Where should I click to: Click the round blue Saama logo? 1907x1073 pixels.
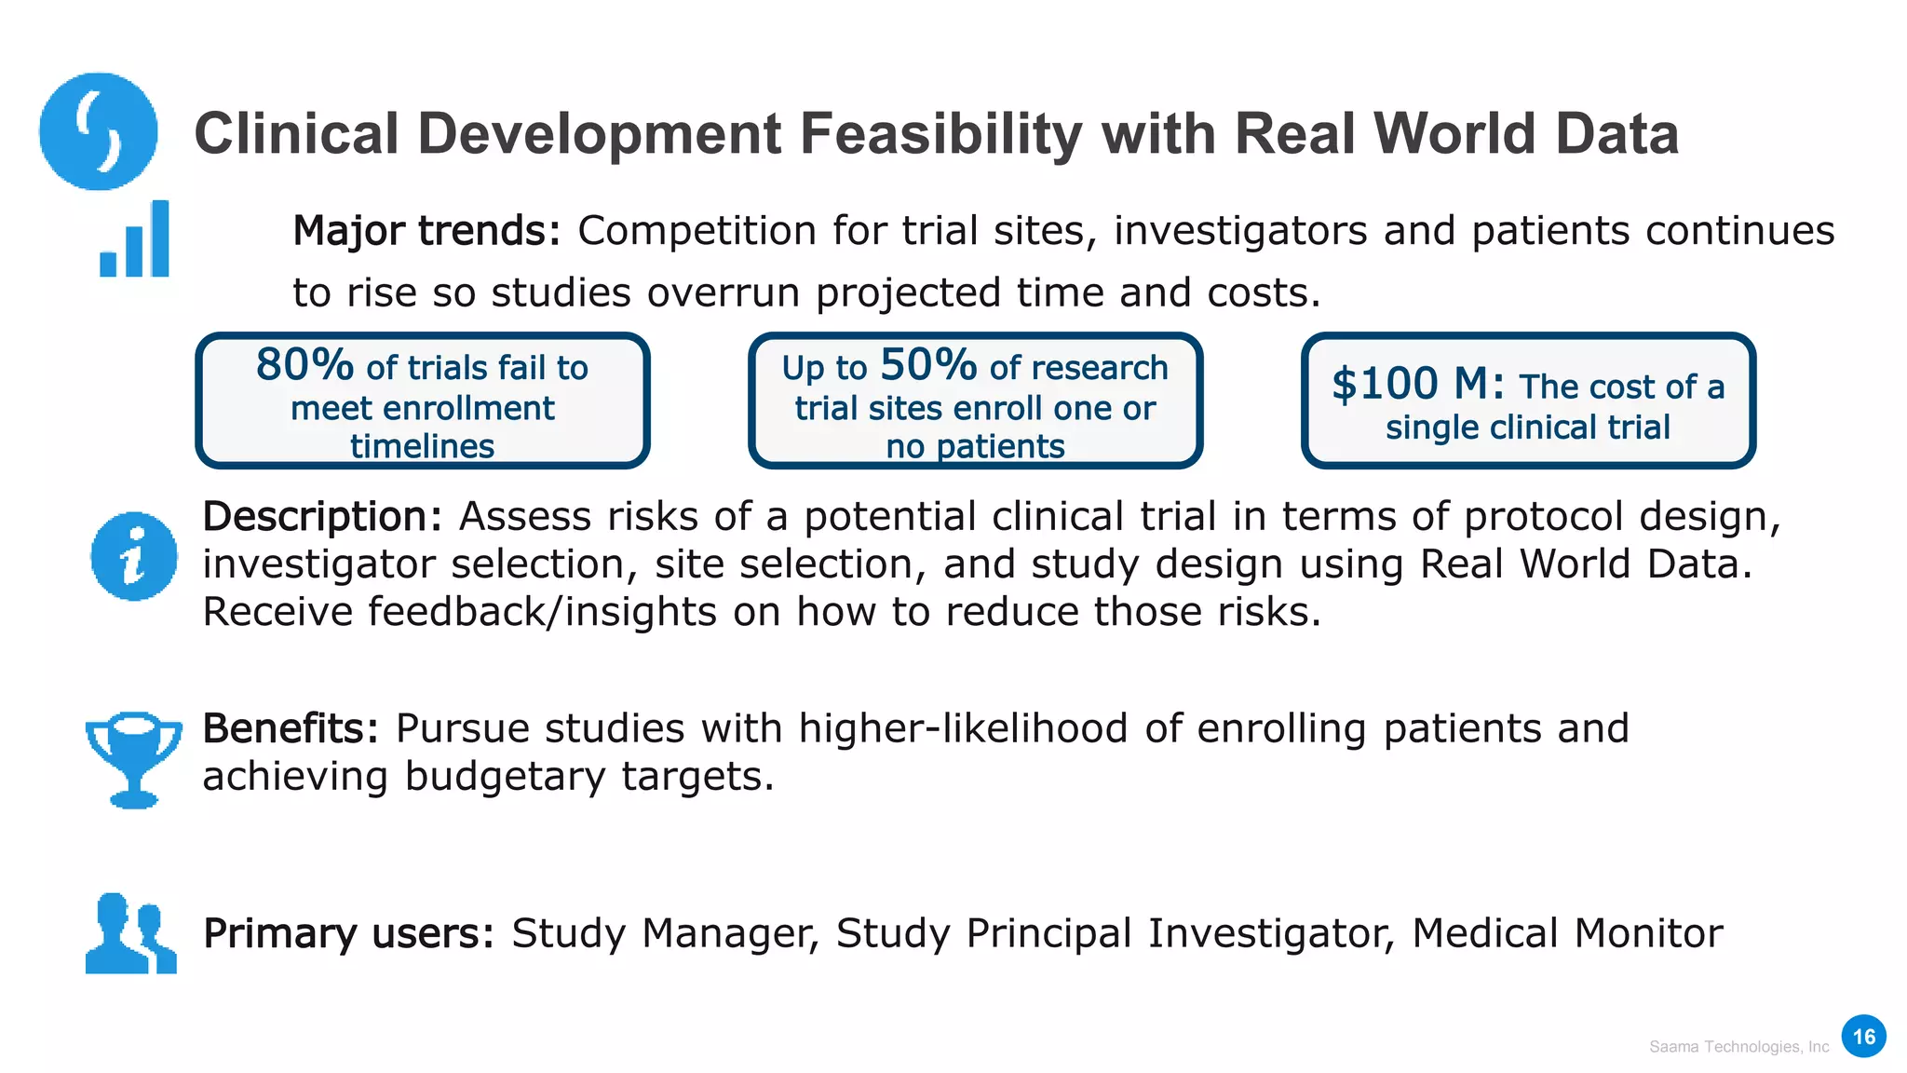98,131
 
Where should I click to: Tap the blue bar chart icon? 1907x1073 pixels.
135,240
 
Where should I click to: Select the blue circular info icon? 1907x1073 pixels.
134,556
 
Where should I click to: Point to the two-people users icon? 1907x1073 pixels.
130,933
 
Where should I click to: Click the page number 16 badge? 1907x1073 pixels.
1863,1037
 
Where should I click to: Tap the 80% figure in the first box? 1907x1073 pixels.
304,364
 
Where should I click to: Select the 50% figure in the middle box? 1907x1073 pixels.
927,364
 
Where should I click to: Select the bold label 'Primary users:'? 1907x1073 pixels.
348,933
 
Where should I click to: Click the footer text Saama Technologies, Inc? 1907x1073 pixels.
1738,1047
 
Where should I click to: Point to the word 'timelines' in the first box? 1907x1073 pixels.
422,446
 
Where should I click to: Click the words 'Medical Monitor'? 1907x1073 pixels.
1567,933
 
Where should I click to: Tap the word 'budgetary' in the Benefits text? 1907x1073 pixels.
505,776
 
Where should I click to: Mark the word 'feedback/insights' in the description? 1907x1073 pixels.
542,612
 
